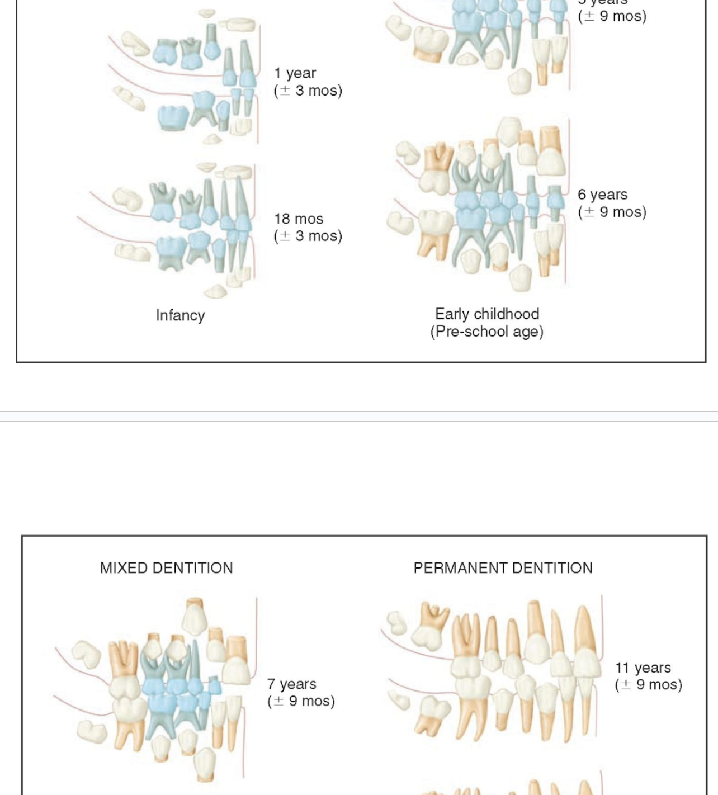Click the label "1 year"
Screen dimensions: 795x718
coord(295,73)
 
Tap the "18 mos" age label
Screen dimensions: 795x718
coord(299,219)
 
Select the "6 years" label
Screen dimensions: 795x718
coord(602,195)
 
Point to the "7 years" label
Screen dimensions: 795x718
coord(291,684)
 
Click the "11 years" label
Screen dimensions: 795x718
coord(643,668)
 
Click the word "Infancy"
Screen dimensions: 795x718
coord(180,315)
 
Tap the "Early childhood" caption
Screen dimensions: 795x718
coord(487,314)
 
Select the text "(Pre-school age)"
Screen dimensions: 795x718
coord(487,332)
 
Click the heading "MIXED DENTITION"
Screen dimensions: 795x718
coord(166,568)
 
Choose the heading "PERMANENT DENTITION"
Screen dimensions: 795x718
coord(503,568)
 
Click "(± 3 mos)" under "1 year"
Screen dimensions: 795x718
coord(308,91)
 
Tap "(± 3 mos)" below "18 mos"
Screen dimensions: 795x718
coord(308,236)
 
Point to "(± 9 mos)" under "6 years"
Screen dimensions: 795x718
coord(612,212)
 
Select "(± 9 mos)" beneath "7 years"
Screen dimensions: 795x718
coord(301,701)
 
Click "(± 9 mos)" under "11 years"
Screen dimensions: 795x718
coord(648,685)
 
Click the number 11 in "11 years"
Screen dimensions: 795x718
coord(622,668)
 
